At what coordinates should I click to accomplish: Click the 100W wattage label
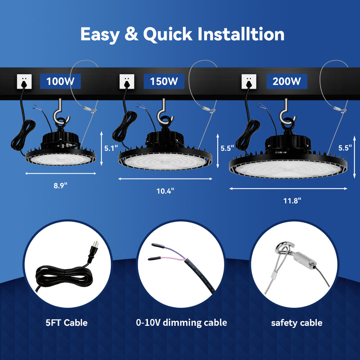(x=60, y=81)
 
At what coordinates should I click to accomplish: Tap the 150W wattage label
(x=164, y=81)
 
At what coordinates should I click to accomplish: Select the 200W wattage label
(x=286, y=81)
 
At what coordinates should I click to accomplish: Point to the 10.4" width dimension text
(x=165, y=190)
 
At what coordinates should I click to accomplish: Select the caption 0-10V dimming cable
(x=181, y=322)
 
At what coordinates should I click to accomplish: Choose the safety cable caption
(x=297, y=322)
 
